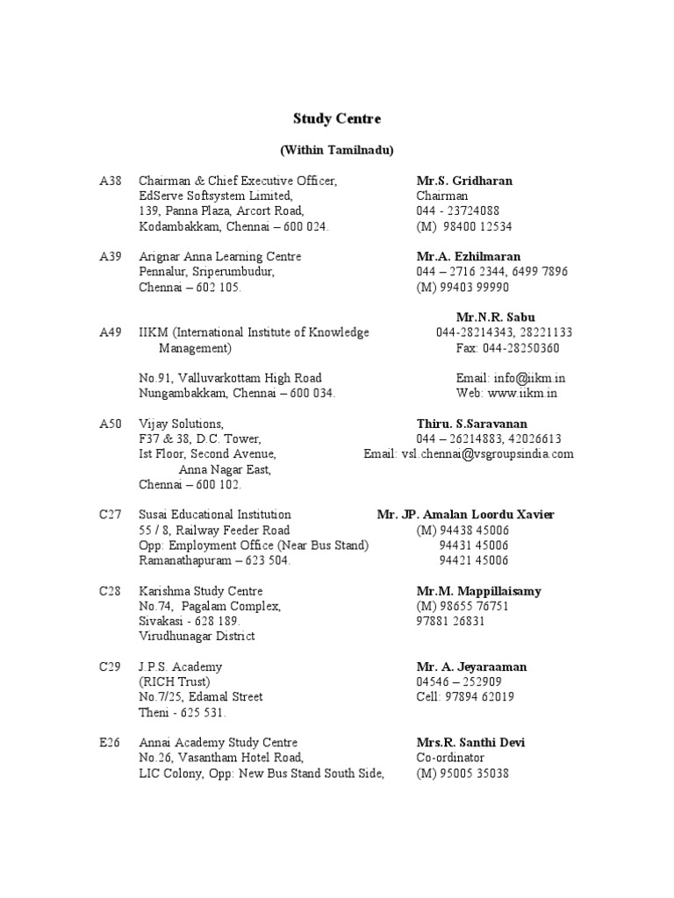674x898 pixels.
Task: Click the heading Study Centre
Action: tap(337, 118)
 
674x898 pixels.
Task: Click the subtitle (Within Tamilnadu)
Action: tap(337, 150)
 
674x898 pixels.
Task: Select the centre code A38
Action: tap(111, 181)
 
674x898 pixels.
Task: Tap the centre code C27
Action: tap(111, 515)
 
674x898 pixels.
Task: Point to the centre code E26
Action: tap(111, 743)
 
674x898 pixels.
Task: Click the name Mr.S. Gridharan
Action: tap(464, 181)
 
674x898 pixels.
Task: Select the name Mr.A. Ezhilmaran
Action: tap(468, 257)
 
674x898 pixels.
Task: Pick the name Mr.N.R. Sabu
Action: tap(495, 317)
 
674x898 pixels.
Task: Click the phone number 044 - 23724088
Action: tap(458, 211)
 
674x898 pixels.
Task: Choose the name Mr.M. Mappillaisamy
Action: tap(478, 591)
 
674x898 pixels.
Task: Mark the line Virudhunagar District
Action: tap(197, 637)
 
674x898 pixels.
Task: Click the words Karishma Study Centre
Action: tap(201, 591)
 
